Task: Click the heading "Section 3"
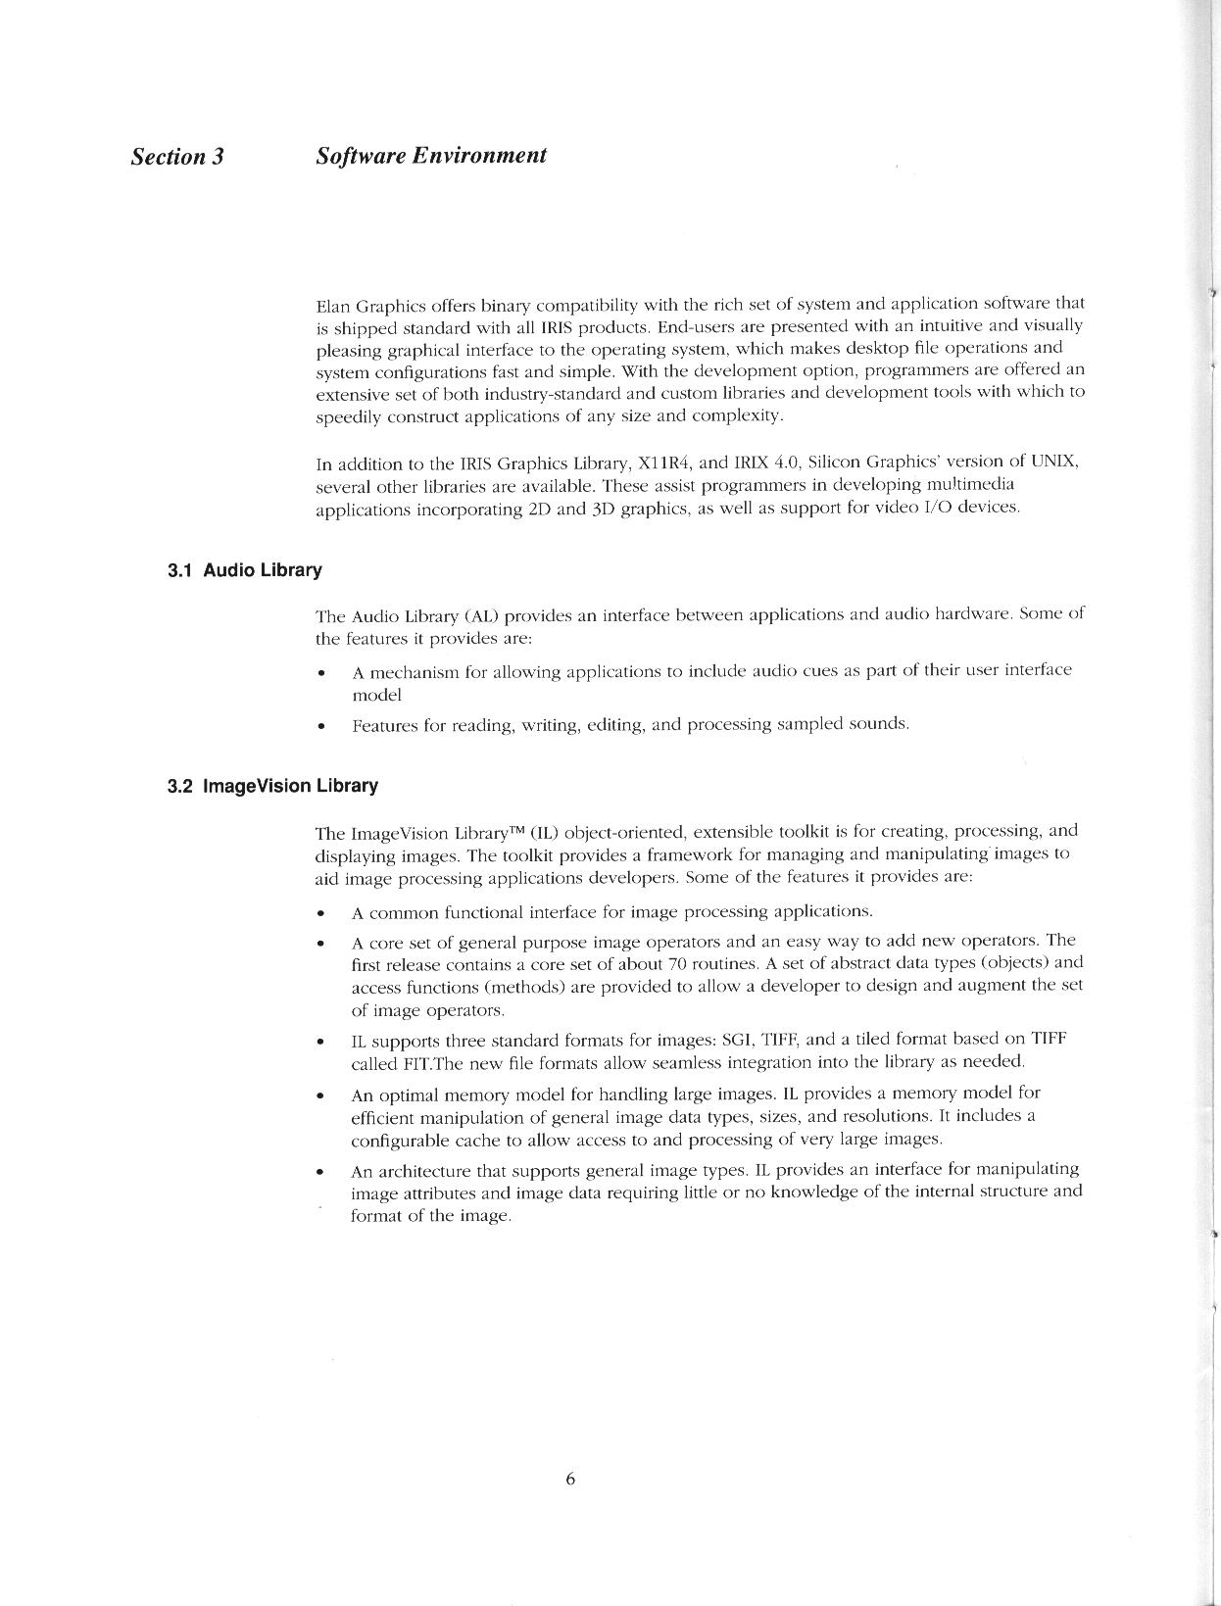pos(177,157)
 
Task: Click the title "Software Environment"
pos(431,155)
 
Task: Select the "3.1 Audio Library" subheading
pos(244,570)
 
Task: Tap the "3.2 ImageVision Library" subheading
pos(272,786)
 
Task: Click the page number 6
pos(569,1480)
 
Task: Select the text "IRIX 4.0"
pos(767,462)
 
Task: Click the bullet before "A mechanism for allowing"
pos(321,673)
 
